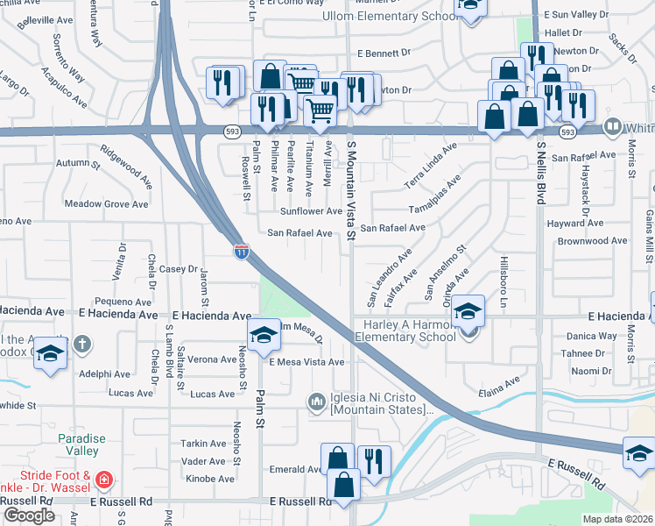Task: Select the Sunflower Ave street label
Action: point(311,211)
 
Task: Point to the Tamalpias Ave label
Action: point(435,198)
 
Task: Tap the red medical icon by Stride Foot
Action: point(105,480)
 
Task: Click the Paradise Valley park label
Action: point(81,445)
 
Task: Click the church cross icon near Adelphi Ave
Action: point(81,343)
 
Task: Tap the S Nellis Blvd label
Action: point(541,172)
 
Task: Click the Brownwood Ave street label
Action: point(593,240)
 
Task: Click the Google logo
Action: point(29,515)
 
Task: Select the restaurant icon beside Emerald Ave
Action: point(375,461)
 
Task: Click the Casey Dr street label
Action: point(180,269)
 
